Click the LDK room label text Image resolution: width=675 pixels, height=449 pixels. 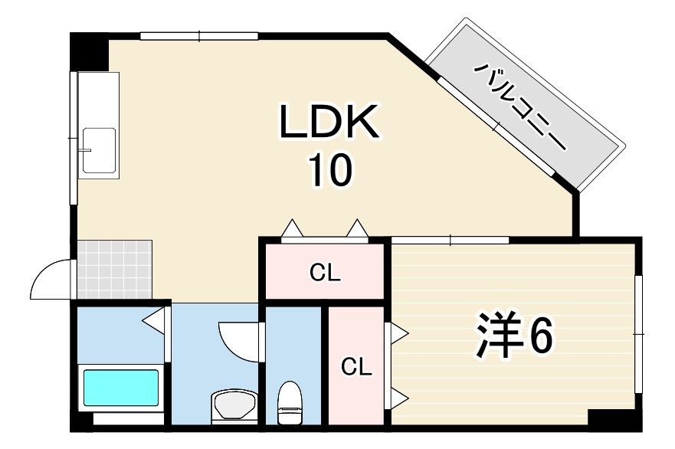pyautogui.click(x=329, y=121)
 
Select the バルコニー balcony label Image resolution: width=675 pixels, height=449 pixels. pyautogui.click(x=520, y=107)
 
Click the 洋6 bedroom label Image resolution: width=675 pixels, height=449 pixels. pyautogui.click(x=513, y=336)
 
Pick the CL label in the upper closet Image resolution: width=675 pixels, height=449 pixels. pyautogui.click(x=325, y=273)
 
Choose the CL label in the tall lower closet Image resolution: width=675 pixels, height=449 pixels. pyautogui.click(x=356, y=367)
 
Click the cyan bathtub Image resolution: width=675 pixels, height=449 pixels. pyautogui.click(x=121, y=388)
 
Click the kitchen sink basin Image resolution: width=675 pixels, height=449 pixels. pyautogui.click(x=100, y=150)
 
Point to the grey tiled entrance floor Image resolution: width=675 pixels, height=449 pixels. pyautogui.click(x=114, y=269)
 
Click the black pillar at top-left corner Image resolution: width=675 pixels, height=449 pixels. pyautogui.click(x=89, y=51)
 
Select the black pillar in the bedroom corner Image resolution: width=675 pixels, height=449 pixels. pyautogui.click(x=614, y=419)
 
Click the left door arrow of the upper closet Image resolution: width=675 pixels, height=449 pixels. pyautogui.click(x=292, y=228)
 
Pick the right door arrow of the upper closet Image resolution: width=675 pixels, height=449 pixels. pyautogui.click(x=357, y=228)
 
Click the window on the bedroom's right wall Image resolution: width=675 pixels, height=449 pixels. pyautogui.click(x=639, y=334)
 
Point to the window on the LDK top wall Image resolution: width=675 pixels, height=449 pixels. pyautogui.click(x=199, y=36)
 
